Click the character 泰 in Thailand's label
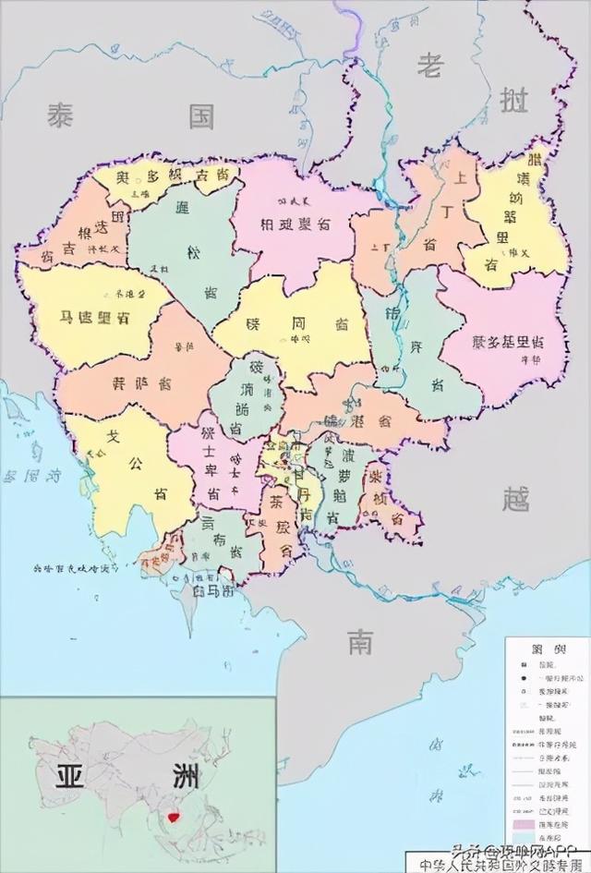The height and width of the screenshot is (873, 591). coord(61,116)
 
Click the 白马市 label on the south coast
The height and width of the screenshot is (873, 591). coord(213,589)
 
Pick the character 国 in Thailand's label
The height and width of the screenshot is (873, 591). coord(200,116)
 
